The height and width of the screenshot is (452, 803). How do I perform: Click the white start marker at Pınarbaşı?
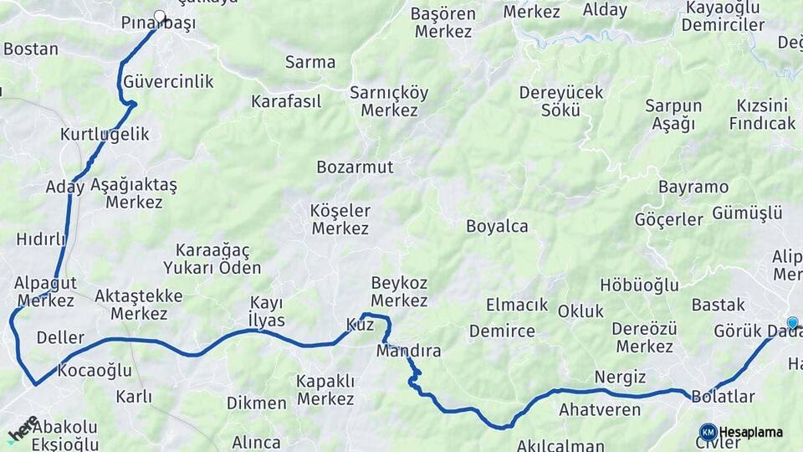pyautogui.click(x=160, y=16)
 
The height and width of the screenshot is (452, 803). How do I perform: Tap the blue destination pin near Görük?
pyautogui.click(x=792, y=323)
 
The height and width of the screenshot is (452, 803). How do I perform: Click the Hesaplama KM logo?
pyautogui.click(x=708, y=433)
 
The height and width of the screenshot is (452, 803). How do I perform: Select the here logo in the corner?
pyautogui.click(x=23, y=429)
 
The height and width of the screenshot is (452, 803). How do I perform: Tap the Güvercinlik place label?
pyautogui.click(x=168, y=82)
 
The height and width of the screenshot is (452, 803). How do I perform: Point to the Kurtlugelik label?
pyautogui.click(x=105, y=134)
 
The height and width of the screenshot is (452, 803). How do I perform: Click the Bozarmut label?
pyautogui.click(x=355, y=167)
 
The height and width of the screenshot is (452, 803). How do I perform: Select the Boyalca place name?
pyautogui.click(x=497, y=226)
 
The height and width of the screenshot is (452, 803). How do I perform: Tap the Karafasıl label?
pyautogui.click(x=286, y=102)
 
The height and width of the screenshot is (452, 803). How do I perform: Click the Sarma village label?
pyautogui.click(x=309, y=62)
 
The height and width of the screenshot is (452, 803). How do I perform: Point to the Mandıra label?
pyautogui.click(x=408, y=351)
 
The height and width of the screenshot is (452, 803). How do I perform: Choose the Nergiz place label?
pyautogui.click(x=620, y=377)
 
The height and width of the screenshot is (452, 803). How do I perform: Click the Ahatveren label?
pyautogui.click(x=600, y=410)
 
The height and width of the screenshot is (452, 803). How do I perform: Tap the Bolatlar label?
pyautogui.click(x=724, y=397)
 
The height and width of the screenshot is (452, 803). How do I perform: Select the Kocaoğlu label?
pyautogui.click(x=96, y=370)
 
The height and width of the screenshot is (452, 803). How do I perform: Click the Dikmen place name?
pyautogui.click(x=256, y=403)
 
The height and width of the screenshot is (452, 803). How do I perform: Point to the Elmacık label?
pyautogui.click(x=517, y=306)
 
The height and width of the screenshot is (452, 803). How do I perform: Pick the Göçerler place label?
pyautogui.click(x=668, y=220)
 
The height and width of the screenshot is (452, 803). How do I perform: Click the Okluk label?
pyautogui.click(x=581, y=311)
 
